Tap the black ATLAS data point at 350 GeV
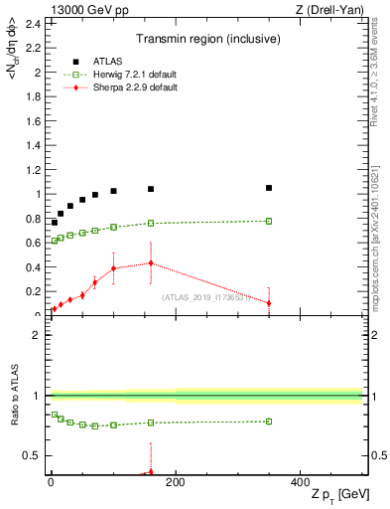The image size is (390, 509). (269, 188)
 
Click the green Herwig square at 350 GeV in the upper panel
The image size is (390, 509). (269, 221)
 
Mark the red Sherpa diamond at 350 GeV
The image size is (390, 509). (269, 303)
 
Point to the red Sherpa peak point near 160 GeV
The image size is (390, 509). (151, 263)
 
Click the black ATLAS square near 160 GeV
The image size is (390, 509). (151, 189)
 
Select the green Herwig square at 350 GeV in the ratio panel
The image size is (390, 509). (269, 422)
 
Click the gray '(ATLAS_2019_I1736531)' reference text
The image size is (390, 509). (207, 297)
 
